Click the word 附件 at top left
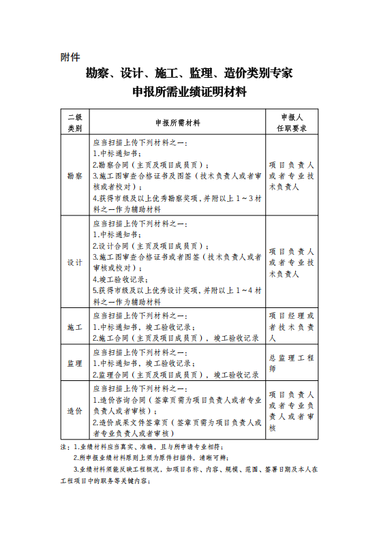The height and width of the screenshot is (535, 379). tap(71, 57)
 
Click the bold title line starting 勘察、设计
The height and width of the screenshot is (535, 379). tap(189, 74)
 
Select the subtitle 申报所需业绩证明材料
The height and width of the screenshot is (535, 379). tap(189, 92)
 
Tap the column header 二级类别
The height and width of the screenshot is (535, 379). tap(74, 123)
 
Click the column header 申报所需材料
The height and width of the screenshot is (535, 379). tap(177, 123)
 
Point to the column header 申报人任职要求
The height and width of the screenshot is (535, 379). tap(291, 123)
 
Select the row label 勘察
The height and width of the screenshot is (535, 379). tap(74, 176)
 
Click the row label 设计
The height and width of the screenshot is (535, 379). tap(74, 262)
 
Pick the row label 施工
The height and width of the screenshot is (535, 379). tap(74, 327)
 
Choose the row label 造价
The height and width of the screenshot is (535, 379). tap(74, 411)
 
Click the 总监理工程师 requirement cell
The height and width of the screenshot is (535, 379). tap(291, 363)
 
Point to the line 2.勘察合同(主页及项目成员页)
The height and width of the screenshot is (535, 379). tap(151, 165)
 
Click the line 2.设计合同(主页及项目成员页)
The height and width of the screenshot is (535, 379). tap(151, 246)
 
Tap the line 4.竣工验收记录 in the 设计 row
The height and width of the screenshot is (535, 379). tap(123, 279)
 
